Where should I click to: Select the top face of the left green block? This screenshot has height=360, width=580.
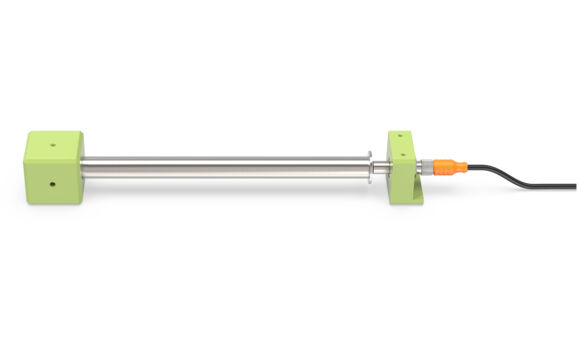click(52, 139)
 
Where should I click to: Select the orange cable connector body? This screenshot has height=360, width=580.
click(445, 162)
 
